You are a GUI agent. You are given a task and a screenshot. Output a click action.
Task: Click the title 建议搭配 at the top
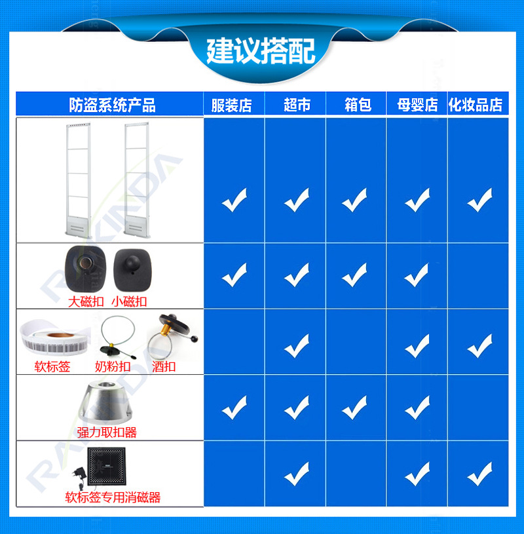pyautogui.click(x=261, y=51)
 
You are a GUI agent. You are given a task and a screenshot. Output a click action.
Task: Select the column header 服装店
pyautogui.click(x=231, y=105)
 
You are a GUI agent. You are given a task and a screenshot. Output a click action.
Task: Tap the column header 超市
pyautogui.click(x=297, y=105)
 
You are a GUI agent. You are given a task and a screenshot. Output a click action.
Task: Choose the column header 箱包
pyautogui.click(x=358, y=105)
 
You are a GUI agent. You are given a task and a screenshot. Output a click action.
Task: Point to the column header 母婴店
pyautogui.click(x=417, y=105)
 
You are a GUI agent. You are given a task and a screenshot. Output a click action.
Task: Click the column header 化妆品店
pyautogui.click(x=476, y=105)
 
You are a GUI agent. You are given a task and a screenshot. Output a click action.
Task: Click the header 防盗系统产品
pyautogui.click(x=113, y=105)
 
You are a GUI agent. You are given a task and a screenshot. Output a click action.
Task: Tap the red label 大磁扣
pyautogui.click(x=86, y=302)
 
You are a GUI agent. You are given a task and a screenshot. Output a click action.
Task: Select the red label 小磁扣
pyautogui.click(x=129, y=302)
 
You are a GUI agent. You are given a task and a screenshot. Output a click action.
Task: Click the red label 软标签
pyautogui.click(x=52, y=367)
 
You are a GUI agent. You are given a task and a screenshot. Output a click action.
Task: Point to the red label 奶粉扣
pyautogui.click(x=113, y=367)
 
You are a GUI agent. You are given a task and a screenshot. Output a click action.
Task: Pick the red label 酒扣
pyautogui.click(x=164, y=367)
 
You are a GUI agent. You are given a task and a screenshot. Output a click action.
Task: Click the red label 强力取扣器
pyautogui.click(x=107, y=432)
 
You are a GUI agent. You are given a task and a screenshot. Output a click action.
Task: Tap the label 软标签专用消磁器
pyautogui.click(x=113, y=497)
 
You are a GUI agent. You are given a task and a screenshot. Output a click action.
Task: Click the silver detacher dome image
pyautogui.click(x=105, y=402)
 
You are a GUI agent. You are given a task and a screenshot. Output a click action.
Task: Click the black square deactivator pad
pyautogui.click(x=107, y=466)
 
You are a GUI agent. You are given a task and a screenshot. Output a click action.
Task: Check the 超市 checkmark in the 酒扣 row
pyautogui.click(x=297, y=346)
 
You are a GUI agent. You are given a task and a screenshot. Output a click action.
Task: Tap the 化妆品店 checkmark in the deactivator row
pyautogui.click(x=479, y=474)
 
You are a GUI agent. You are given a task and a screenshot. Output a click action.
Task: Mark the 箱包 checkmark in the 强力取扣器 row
pyautogui.click(x=354, y=408)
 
